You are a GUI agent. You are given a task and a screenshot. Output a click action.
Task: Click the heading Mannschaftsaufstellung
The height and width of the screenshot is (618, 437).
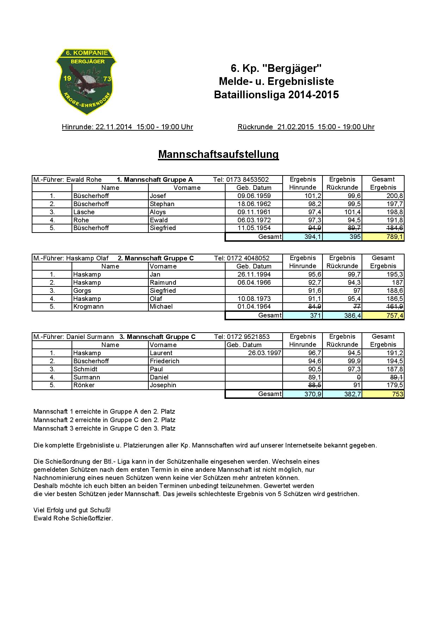(218, 154)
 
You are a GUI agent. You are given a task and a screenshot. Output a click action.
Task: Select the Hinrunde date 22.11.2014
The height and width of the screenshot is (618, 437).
(114, 127)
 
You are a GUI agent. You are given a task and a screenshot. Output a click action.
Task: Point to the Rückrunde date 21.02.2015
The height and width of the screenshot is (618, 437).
(295, 127)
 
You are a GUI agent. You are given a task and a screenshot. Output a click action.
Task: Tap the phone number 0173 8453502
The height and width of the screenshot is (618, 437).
(247, 180)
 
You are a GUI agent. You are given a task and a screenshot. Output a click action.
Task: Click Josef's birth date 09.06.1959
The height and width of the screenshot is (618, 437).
(254, 196)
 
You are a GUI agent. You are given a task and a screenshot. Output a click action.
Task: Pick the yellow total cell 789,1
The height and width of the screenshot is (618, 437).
(383, 237)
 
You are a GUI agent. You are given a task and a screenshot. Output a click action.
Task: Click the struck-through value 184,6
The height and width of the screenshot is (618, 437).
(395, 228)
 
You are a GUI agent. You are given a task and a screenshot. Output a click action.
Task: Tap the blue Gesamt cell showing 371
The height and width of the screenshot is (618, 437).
(303, 315)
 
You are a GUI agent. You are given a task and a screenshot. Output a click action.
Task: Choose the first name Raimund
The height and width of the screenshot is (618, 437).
(163, 283)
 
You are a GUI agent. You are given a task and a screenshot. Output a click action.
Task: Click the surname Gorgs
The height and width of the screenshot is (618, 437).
(82, 291)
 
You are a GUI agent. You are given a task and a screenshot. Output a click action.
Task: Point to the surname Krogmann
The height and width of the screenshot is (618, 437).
(88, 307)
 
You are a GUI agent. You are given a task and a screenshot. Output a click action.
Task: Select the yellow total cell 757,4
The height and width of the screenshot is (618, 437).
(383, 315)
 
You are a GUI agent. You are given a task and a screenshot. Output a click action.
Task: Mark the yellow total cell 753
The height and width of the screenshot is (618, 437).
(383, 394)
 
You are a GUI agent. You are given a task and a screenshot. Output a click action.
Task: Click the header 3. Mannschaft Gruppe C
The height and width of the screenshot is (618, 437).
(157, 337)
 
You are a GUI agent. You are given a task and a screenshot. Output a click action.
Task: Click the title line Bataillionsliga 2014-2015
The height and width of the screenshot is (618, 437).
(276, 95)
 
